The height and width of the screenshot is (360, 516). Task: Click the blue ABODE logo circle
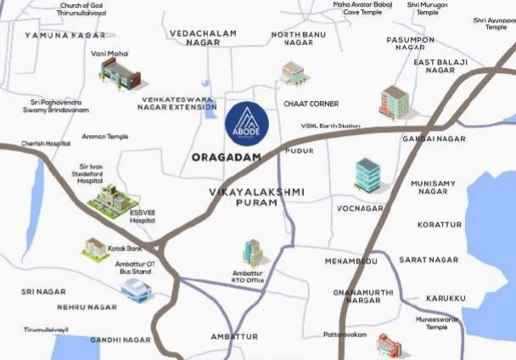pos(247,125)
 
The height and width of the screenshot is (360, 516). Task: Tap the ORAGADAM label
pos(225,157)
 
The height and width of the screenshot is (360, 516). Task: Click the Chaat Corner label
pos(311,104)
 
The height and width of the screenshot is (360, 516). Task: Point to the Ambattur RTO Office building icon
pos(253,253)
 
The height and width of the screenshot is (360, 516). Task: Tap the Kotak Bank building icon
pos(94,249)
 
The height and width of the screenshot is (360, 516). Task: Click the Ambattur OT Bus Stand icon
pos(137,290)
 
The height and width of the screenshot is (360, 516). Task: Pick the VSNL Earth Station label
pos(330,127)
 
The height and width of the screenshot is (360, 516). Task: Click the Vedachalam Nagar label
pos(204,37)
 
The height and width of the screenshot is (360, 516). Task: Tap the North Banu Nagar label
pos(298,38)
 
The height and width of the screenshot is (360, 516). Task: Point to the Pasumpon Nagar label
pos(411,44)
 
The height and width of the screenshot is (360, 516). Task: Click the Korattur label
pos(440,225)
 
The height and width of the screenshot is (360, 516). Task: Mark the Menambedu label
pos(351,262)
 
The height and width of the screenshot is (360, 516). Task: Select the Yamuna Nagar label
pos(65,35)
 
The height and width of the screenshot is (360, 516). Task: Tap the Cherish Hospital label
pos(46,143)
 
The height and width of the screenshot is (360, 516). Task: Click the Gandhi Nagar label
pos(121,340)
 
